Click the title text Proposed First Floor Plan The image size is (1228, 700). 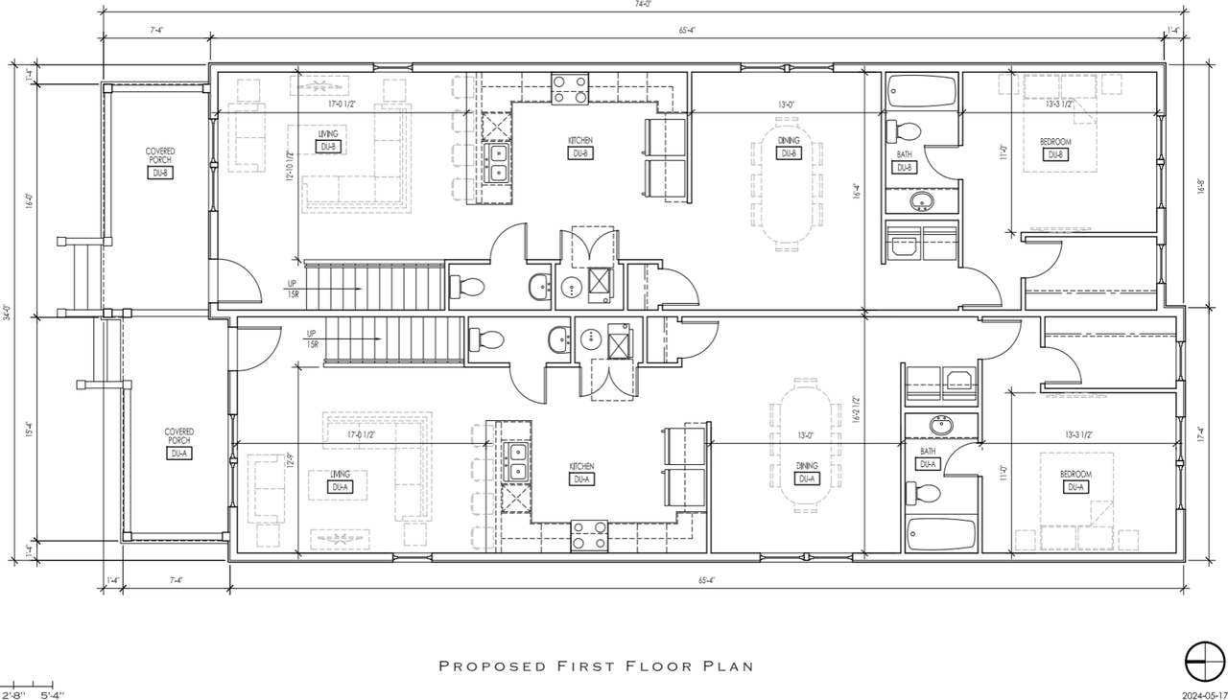point(595,665)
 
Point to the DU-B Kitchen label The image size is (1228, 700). point(579,147)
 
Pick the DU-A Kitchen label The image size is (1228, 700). point(579,473)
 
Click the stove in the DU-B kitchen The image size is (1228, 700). point(569,89)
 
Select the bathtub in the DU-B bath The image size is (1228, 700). point(922,92)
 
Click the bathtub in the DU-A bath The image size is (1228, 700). point(941,534)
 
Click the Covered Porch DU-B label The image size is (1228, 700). point(159,162)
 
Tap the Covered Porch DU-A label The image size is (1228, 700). point(178,442)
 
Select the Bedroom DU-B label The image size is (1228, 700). point(1054,148)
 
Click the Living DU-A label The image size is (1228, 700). point(339,480)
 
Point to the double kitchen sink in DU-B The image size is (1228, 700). point(498,163)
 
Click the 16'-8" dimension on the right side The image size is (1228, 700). point(1202,189)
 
